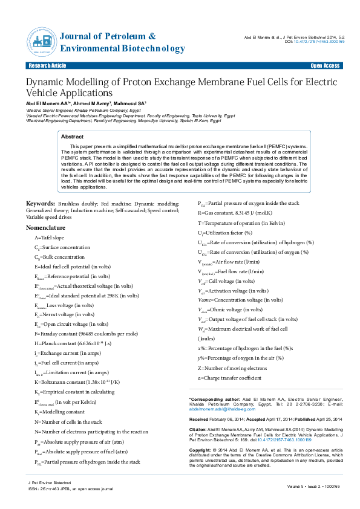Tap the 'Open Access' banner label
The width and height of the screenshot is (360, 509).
coord(325,65)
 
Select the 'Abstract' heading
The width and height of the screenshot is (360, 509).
coord(73,137)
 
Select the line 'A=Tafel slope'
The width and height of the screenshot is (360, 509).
coord(49,238)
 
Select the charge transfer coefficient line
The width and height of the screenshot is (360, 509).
coord(230,377)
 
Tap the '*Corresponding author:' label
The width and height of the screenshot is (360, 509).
coord(208,400)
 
